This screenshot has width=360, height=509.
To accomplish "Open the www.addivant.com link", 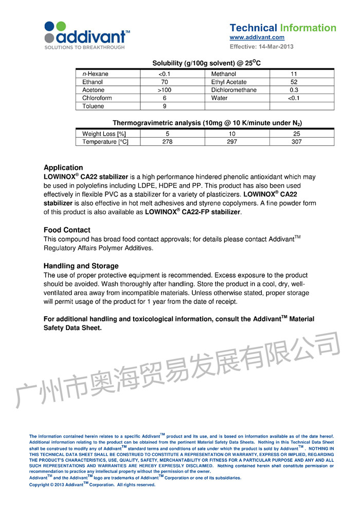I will coord(257,38).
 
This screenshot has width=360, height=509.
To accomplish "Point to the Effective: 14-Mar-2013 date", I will coord(261,47).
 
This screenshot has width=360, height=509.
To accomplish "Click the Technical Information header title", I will coord(283,28).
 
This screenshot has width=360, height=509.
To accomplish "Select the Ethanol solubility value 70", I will coord(165,82).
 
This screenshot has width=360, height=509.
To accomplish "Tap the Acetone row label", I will coord(93,90).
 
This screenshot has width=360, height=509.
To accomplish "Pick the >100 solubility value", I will coord(165,90).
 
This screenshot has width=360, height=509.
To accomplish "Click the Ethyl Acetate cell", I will coord(229,82).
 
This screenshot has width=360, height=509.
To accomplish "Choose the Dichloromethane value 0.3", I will coord(294,90).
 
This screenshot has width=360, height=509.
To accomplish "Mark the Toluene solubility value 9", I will coord(165,106).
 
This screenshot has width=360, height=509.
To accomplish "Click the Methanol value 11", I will coord(294,74).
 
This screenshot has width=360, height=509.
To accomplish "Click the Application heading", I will coord(63,168).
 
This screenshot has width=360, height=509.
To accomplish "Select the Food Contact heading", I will coord(67,230).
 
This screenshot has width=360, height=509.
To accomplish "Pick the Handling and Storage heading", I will coord(81,266).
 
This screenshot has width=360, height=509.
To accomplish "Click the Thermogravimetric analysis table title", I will coord(207,123).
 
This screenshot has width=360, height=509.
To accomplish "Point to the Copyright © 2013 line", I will coord(92,484).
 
